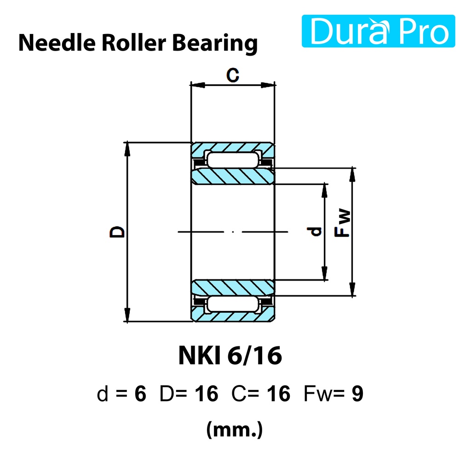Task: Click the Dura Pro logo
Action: pos(378,31)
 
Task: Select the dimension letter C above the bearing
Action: pos(233,75)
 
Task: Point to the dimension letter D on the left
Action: pos(118,231)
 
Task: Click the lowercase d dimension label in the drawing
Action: pos(316,231)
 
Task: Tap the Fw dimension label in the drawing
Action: pos(343,224)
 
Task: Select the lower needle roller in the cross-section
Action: pos(233,304)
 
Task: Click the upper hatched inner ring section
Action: pos(233,176)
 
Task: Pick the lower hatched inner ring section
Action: pos(233,287)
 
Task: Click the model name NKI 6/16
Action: pos(230,356)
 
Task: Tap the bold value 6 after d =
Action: pos(140,394)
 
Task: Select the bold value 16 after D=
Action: pos(206,394)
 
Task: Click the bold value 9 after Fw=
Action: pos(357,394)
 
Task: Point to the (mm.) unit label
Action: pos(235,430)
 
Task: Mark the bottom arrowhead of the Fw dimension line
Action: pos(352,291)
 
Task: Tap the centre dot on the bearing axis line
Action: pos(234,232)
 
